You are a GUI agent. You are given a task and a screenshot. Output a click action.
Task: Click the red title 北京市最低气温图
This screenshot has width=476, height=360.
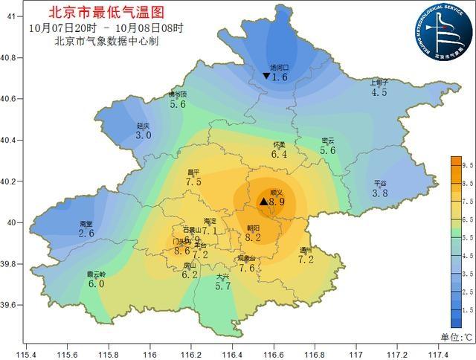(103, 13)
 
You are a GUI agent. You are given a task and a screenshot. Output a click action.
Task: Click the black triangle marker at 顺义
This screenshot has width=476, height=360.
(263, 202)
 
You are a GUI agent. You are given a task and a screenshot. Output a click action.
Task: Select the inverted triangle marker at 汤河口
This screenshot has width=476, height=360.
(266, 77)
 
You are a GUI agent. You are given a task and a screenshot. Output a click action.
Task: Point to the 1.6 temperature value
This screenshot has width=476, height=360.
(280, 77)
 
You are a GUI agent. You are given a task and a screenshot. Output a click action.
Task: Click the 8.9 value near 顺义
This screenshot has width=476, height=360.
(277, 202)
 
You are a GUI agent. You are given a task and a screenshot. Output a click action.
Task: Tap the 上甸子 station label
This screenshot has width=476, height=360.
(379, 83)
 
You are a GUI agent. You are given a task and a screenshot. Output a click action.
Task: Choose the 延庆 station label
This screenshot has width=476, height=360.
(144, 126)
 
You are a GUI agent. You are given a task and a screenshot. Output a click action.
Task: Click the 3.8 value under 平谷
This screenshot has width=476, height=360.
(380, 193)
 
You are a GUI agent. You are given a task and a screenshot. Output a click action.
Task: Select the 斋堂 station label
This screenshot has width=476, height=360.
(86, 223)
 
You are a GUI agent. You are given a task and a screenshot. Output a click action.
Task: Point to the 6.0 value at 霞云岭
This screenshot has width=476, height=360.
(97, 283)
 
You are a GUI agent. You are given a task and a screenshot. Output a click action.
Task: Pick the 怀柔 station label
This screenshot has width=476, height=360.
(279, 144)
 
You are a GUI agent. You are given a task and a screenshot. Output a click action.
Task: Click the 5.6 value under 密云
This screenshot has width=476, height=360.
(327, 150)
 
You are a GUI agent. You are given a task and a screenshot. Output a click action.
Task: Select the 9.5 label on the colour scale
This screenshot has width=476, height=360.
(468, 164)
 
